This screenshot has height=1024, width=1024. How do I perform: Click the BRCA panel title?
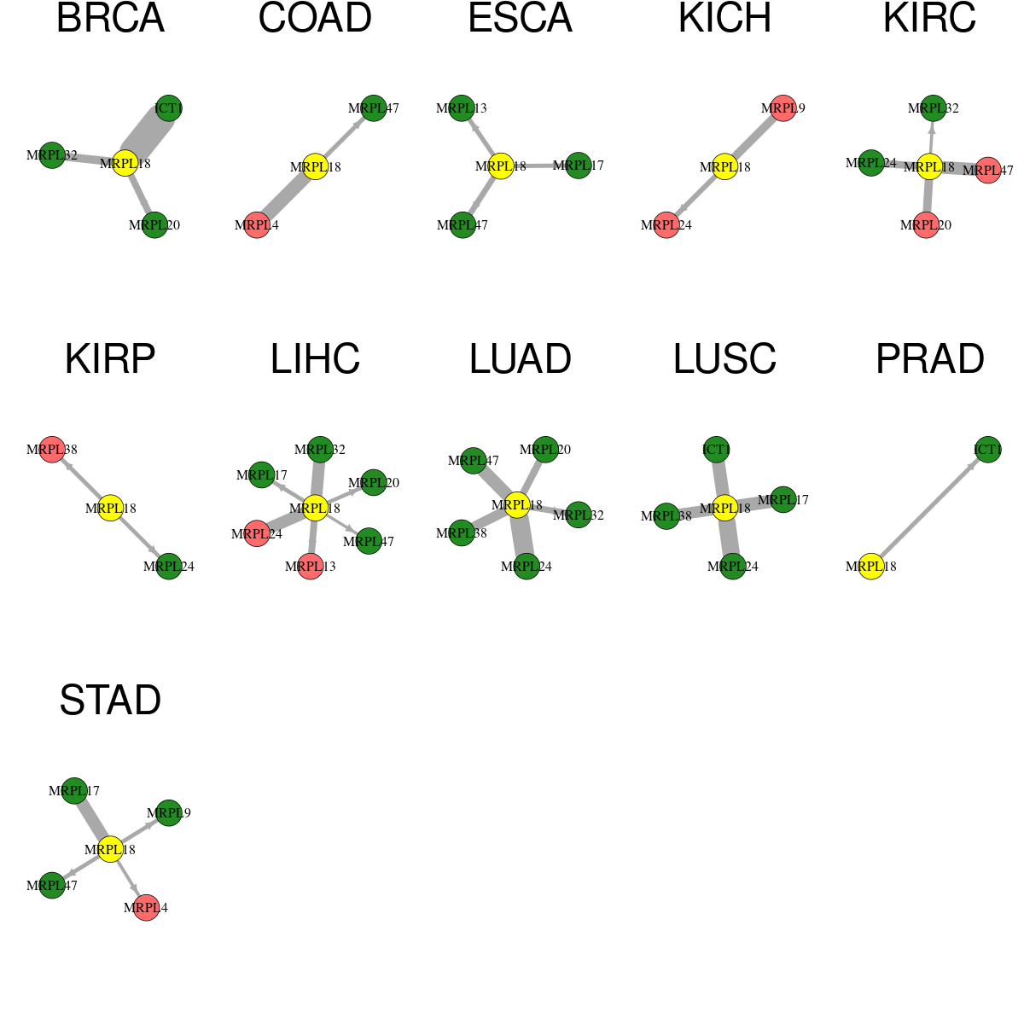(x=110, y=18)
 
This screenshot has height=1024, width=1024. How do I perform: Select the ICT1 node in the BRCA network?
(x=168, y=108)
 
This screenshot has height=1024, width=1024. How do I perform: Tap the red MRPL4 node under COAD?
(x=257, y=224)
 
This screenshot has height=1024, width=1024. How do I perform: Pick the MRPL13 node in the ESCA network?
(x=462, y=108)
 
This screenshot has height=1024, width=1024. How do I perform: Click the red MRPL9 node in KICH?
(x=783, y=108)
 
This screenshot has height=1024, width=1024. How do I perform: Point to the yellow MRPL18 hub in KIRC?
(x=929, y=167)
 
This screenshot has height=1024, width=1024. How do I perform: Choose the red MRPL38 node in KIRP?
(x=52, y=450)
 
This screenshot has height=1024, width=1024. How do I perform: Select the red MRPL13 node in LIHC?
(x=311, y=567)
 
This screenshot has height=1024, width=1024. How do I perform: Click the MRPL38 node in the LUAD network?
(x=462, y=533)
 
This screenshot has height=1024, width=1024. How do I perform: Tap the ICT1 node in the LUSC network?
(x=716, y=450)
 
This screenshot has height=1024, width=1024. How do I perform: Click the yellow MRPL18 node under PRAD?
(x=871, y=567)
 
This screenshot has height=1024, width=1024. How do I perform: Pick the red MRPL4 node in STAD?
(x=146, y=908)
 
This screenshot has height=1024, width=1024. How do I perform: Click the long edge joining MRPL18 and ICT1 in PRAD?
(x=929, y=508)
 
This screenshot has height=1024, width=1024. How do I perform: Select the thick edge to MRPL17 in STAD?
(x=92, y=820)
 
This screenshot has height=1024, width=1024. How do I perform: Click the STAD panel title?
(x=110, y=701)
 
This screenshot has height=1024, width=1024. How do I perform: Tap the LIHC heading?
(x=315, y=359)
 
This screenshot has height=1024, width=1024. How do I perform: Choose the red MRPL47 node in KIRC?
(x=987, y=171)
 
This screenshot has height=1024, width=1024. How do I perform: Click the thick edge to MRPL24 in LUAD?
(x=522, y=536)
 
